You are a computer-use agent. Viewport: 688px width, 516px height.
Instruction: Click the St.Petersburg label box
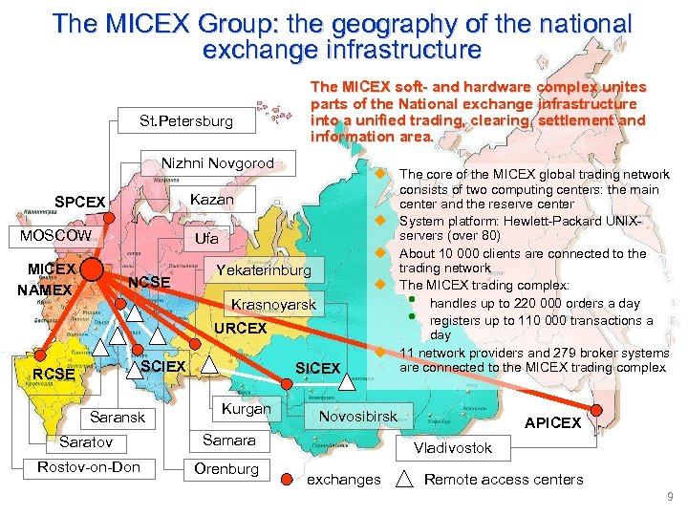(x=185, y=121)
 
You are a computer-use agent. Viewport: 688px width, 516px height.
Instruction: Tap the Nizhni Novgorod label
(x=217, y=163)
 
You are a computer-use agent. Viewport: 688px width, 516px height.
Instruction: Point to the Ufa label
(x=206, y=237)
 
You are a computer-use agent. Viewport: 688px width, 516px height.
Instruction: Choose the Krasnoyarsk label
(x=273, y=305)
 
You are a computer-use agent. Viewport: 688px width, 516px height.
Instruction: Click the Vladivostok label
(x=453, y=447)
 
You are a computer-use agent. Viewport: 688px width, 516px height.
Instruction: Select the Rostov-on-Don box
(x=89, y=467)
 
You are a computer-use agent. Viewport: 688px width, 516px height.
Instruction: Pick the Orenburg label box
(x=226, y=468)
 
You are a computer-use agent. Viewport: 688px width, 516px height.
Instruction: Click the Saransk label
(x=117, y=417)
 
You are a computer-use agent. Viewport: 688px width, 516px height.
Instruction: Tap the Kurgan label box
(x=246, y=409)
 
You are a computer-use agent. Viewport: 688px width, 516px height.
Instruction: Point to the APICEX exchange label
(x=552, y=422)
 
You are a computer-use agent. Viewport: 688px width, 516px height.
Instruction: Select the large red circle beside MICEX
(x=93, y=269)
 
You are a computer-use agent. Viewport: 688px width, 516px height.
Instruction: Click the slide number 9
(x=671, y=497)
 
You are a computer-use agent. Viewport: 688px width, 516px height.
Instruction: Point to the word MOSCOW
(x=50, y=236)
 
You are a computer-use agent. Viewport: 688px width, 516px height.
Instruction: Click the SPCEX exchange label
(x=81, y=203)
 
